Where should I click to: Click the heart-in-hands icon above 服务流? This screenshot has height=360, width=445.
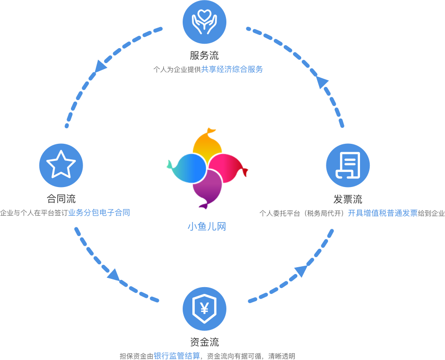click(204, 21)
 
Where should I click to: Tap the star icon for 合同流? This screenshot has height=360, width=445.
click(61, 165)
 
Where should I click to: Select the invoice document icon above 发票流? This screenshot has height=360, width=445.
click(348, 165)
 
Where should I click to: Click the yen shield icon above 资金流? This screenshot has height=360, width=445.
click(204, 309)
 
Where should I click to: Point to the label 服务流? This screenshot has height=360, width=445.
click(204, 55)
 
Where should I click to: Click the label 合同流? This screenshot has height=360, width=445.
click(61, 199)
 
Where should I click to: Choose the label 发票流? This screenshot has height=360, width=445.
click(348, 199)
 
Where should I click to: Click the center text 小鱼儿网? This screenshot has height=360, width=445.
click(207, 226)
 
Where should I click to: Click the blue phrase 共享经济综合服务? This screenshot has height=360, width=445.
click(232, 69)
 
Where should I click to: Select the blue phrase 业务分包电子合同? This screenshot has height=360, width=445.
click(99, 213)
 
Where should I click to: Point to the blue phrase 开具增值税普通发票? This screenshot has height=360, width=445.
click(383, 213)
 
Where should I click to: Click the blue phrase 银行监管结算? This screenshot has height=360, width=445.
click(177, 356)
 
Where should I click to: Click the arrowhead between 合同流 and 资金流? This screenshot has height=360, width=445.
click(113, 275)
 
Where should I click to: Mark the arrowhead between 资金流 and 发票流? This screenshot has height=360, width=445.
click(301, 271)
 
